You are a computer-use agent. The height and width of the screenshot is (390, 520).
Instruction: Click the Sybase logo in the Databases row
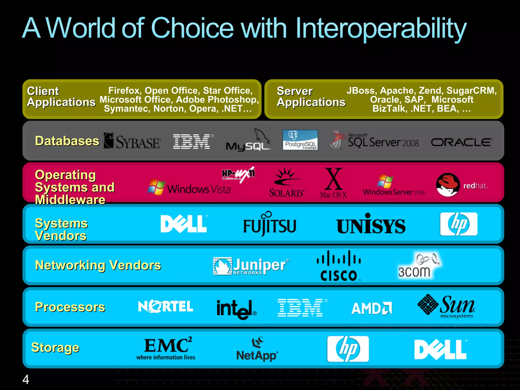coord(132,141)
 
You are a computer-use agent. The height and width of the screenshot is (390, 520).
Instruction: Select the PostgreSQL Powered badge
coord(300,140)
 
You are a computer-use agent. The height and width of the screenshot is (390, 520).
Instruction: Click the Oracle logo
coord(462,142)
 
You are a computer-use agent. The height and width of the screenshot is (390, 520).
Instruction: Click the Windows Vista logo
coord(189,188)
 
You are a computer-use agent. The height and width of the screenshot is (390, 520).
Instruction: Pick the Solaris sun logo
coord(286,182)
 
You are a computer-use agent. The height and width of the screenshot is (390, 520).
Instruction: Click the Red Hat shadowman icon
coord(448,185)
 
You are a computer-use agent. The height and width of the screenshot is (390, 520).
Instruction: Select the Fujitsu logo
coord(270,224)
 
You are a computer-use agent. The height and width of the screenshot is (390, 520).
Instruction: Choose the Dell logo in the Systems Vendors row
coord(184,224)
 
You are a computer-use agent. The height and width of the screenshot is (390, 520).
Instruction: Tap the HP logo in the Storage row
coord(348,349)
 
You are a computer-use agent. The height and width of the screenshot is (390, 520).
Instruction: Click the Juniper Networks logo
coord(251,266)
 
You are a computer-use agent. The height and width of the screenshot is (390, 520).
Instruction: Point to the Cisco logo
coord(339,266)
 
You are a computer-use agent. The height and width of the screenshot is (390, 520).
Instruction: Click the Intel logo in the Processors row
coord(236,309)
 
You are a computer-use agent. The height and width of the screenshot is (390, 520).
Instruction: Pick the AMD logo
coord(372,308)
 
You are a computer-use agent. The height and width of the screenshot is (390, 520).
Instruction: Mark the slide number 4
coord(26,380)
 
